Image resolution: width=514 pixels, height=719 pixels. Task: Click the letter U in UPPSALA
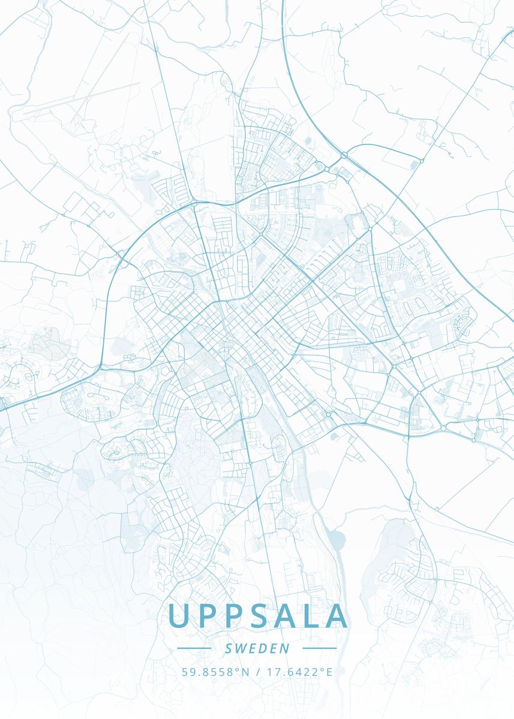tap(179, 615)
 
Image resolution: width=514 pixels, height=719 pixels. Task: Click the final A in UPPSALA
tap(336, 615)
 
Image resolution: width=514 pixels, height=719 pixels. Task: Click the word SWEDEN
tap(257, 648)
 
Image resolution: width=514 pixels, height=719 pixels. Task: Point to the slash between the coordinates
tap(257, 672)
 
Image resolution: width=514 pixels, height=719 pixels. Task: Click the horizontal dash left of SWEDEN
tap(194, 648)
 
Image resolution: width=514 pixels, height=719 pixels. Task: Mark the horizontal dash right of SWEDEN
tap(320, 648)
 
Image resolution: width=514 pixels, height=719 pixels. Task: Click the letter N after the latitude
tap(245, 672)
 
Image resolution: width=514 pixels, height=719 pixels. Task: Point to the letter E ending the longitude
tap(329, 672)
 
